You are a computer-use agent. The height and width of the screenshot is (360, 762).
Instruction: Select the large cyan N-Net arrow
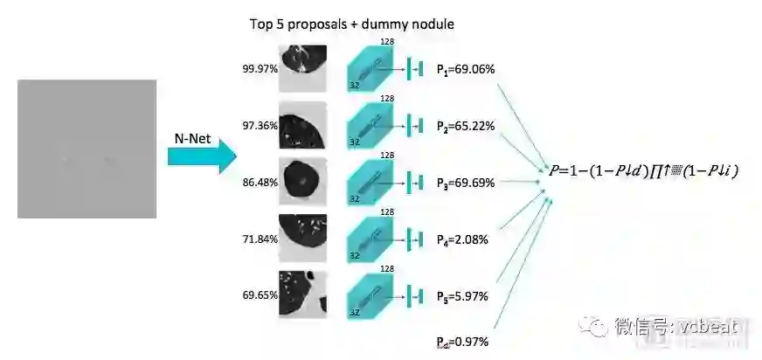[x=203, y=157]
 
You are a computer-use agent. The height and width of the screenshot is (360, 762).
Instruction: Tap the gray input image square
[x=87, y=149]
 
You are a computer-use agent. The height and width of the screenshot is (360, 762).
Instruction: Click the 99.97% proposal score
[x=260, y=68]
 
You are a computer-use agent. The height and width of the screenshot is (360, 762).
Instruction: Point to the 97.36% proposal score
[x=260, y=126]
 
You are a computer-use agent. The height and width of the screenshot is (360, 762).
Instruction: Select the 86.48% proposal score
[x=260, y=183]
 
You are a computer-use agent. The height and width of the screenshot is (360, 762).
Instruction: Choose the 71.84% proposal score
[x=260, y=239]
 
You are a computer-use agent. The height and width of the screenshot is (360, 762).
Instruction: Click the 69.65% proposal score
[x=260, y=296]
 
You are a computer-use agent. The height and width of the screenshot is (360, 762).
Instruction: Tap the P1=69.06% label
[x=466, y=68]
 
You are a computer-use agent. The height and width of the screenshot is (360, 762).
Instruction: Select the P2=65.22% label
[x=466, y=126]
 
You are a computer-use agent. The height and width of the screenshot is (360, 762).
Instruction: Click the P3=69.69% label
[x=466, y=183]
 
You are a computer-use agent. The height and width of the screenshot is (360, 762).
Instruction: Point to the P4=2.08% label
[x=462, y=239]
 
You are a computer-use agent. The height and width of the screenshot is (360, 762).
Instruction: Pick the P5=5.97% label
[x=462, y=295]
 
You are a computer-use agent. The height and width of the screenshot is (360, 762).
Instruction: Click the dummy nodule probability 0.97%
[x=462, y=341]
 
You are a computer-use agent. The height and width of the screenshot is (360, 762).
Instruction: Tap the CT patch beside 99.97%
[x=302, y=68]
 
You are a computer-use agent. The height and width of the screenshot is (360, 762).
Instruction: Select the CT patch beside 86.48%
[x=302, y=182]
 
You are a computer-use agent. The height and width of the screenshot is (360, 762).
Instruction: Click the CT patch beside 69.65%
[x=302, y=295]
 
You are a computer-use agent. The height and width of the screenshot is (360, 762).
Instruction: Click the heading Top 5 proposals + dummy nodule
[x=351, y=24]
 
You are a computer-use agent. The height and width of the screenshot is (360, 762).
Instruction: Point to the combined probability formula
[x=641, y=171]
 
